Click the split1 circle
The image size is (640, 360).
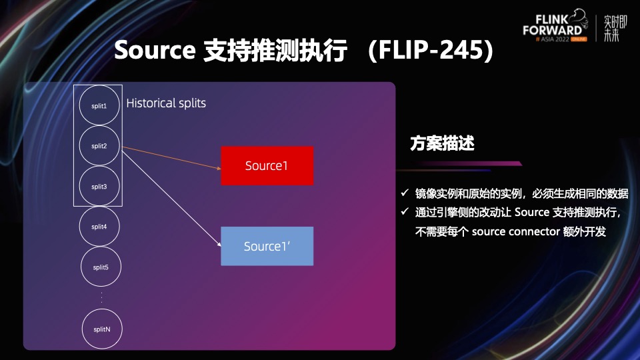click(x=99, y=106)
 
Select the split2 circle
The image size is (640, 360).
click(x=99, y=146)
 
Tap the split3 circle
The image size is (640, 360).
click(x=99, y=186)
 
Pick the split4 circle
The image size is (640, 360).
click(x=99, y=227)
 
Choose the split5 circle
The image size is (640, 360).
click(x=101, y=267)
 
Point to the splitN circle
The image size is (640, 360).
click(x=101, y=328)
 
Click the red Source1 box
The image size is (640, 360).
click(x=267, y=166)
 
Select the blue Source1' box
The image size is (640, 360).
click(x=267, y=246)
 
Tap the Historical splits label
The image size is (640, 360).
click(x=166, y=103)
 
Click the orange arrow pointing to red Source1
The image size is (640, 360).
click(x=173, y=157)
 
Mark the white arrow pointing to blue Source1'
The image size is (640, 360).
click(x=173, y=198)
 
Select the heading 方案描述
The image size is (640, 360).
click(x=442, y=143)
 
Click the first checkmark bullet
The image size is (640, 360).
click(x=404, y=193)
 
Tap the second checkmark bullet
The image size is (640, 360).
click(x=404, y=213)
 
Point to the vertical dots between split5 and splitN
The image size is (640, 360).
click(x=101, y=297)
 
